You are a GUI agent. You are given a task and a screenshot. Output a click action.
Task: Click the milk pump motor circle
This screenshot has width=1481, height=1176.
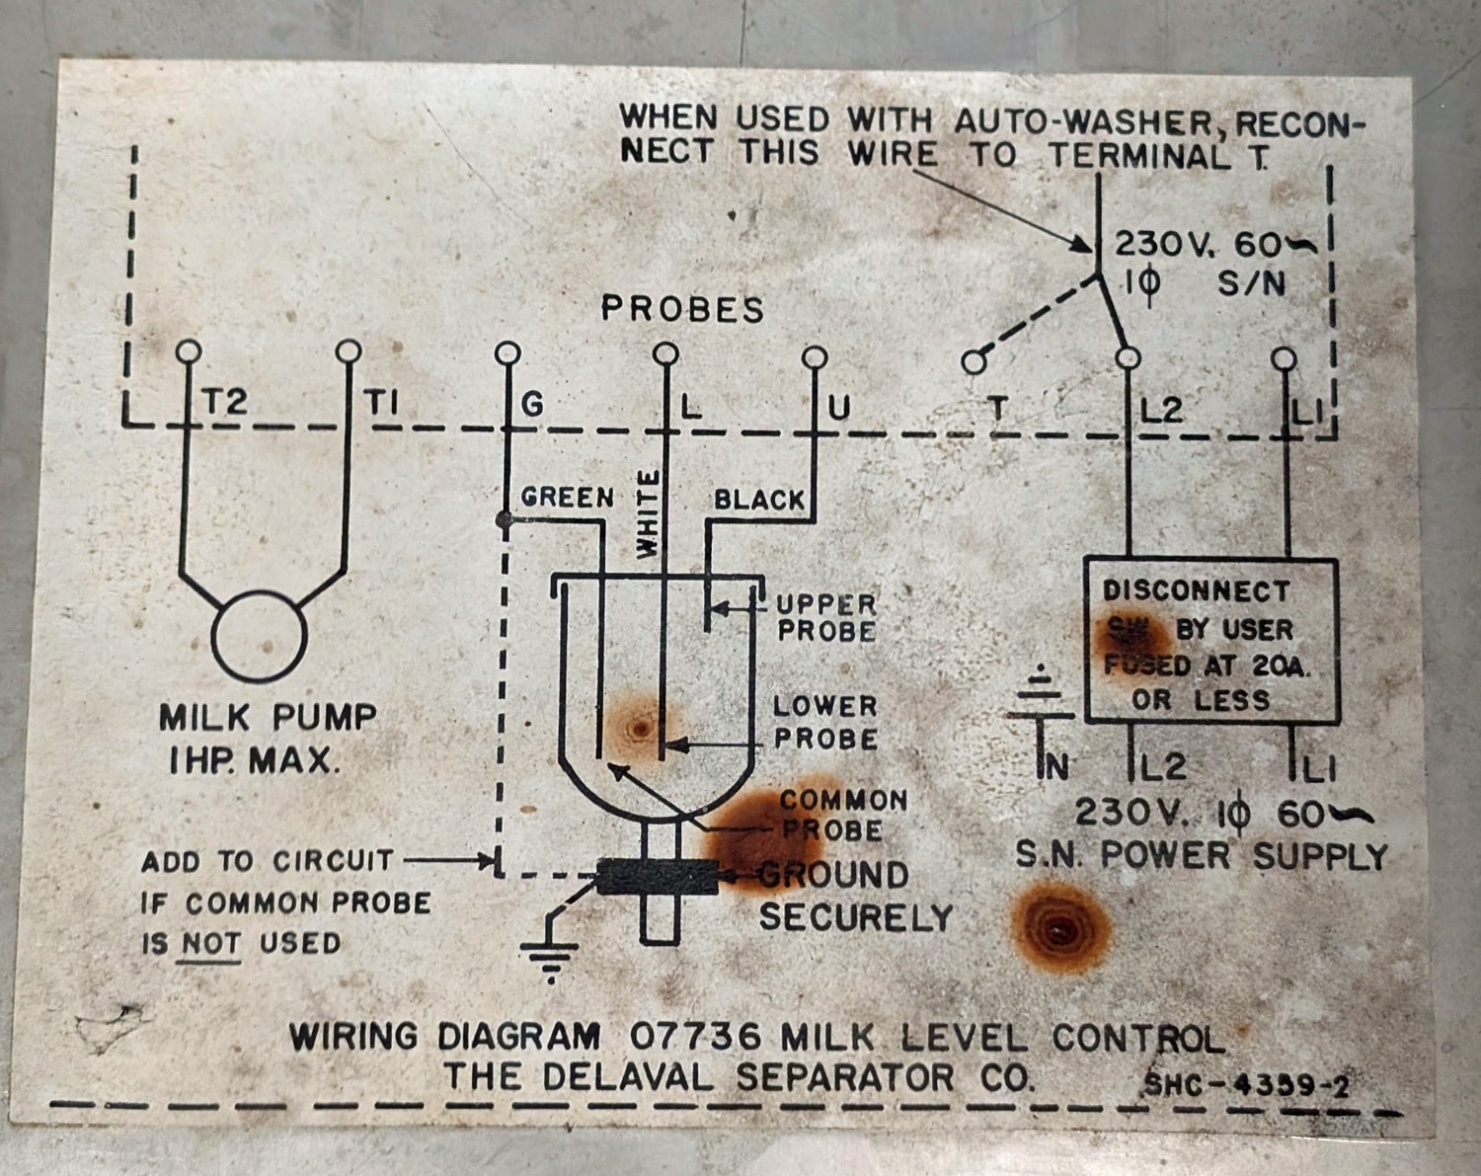pos(259,637)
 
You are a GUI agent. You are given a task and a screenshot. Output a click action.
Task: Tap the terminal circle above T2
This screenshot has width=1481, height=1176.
pos(188,352)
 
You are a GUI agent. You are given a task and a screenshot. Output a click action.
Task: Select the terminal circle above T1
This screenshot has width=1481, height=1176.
pos(349,352)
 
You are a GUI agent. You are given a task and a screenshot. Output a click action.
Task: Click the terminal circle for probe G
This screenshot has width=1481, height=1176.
pos(507,353)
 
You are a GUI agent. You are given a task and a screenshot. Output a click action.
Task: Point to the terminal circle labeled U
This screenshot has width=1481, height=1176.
pos(815,355)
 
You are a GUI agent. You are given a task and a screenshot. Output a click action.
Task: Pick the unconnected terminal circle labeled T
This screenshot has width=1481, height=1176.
pos(974,363)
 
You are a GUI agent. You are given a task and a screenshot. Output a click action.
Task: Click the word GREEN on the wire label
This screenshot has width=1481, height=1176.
pos(567,497)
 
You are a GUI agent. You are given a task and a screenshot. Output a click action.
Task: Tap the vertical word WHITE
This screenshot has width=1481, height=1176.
pos(647,513)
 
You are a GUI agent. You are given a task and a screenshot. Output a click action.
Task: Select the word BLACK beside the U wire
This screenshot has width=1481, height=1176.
pos(759,500)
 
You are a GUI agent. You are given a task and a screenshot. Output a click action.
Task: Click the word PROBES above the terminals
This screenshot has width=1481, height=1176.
pos(682,309)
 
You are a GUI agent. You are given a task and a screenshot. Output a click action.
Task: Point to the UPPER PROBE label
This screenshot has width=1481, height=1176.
pos(826,617)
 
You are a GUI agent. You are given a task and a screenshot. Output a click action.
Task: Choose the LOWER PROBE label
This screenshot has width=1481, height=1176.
pos(825,722)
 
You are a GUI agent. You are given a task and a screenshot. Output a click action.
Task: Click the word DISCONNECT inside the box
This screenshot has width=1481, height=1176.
pos(1196,590)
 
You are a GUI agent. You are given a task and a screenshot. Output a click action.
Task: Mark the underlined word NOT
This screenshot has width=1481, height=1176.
pos(211,943)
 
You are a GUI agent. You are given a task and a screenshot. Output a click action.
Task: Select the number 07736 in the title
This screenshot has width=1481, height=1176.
pos(695,1037)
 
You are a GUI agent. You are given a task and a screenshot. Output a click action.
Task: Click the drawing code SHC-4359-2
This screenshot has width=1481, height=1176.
pos(1246,1085)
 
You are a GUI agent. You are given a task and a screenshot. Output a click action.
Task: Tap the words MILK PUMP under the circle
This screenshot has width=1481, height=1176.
pos(268,717)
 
